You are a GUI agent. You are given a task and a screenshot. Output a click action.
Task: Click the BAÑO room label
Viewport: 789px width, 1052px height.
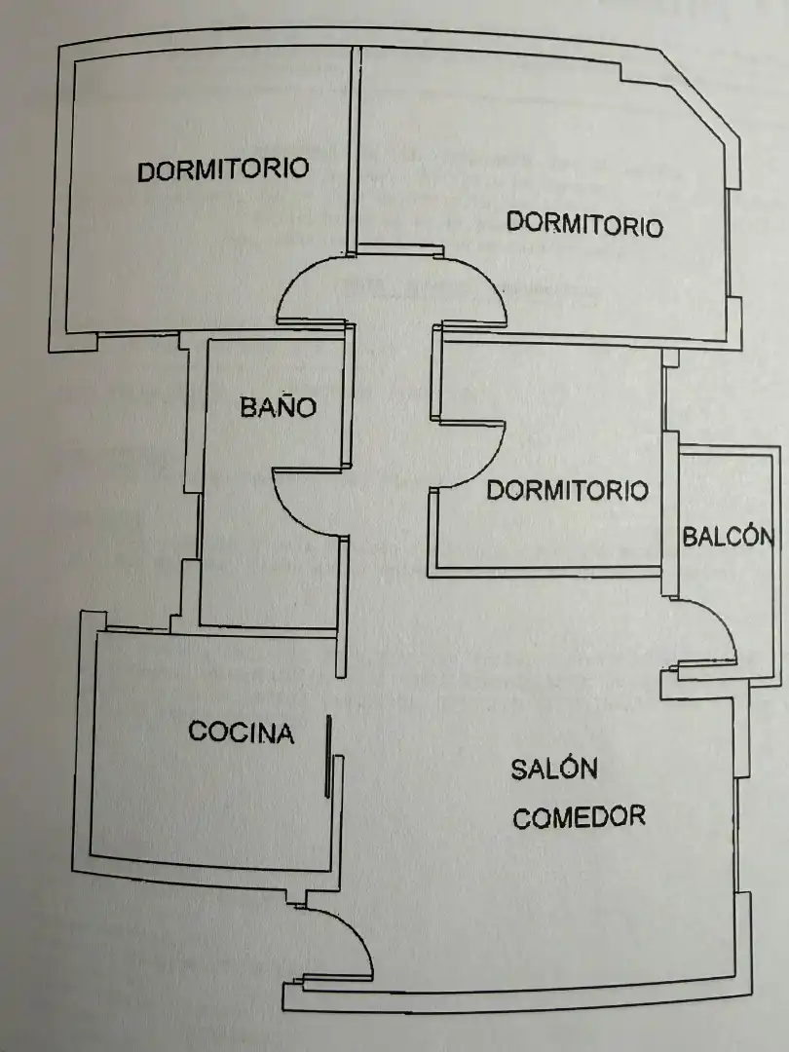pos(279,406)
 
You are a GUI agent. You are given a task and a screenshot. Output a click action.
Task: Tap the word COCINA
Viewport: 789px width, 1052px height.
pos(242,732)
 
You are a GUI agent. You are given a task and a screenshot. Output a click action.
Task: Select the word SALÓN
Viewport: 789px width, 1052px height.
pos(554,768)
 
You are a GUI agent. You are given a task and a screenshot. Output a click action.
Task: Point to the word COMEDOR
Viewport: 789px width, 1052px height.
pos(579,816)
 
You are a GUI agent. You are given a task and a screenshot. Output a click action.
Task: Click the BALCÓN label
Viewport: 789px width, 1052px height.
pos(728,536)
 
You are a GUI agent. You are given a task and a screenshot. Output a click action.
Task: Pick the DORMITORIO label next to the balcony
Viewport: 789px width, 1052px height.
pos(568,490)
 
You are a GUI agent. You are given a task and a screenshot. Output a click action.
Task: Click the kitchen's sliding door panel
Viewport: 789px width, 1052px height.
pos(329,756)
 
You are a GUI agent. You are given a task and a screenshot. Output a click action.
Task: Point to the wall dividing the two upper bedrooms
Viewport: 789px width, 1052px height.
pos(354,149)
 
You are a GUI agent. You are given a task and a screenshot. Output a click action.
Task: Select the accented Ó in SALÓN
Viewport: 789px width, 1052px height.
pos(568,768)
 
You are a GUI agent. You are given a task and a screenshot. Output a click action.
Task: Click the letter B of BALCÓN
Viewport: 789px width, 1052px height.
pos(691,537)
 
